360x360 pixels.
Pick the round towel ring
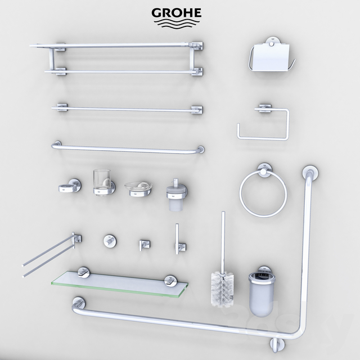263,194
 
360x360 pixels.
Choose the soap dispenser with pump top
175,195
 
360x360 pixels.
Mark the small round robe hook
108,241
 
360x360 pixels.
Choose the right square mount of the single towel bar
196,109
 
